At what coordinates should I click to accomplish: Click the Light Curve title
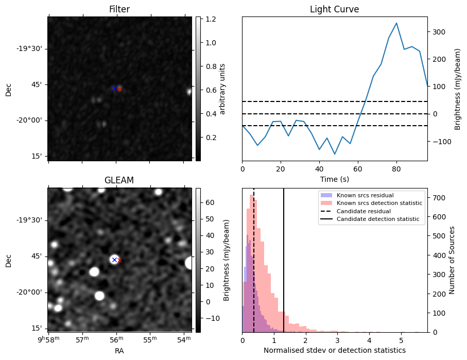pyautogui.click(x=334, y=9)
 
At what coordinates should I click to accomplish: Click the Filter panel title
pyautogui.click(x=119, y=9)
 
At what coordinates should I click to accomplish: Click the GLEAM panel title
pyautogui.click(x=119, y=180)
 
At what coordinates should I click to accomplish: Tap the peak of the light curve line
pyautogui.click(x=396, y=23)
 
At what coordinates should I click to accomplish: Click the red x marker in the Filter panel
pyautogui.click(x=120, y=89)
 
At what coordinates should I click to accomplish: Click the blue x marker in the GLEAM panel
pyautogui.click(x=114, y=260)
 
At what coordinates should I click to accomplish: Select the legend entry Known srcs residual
pyautogui.click(x=365, y=196)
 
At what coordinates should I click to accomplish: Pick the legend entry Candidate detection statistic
pyautogui.click(x=378, y=219)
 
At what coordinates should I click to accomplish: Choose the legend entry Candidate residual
pyautogui.click(x=364, y=212)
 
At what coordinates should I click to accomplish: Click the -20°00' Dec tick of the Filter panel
pyautogui.click(x=32, y=121)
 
